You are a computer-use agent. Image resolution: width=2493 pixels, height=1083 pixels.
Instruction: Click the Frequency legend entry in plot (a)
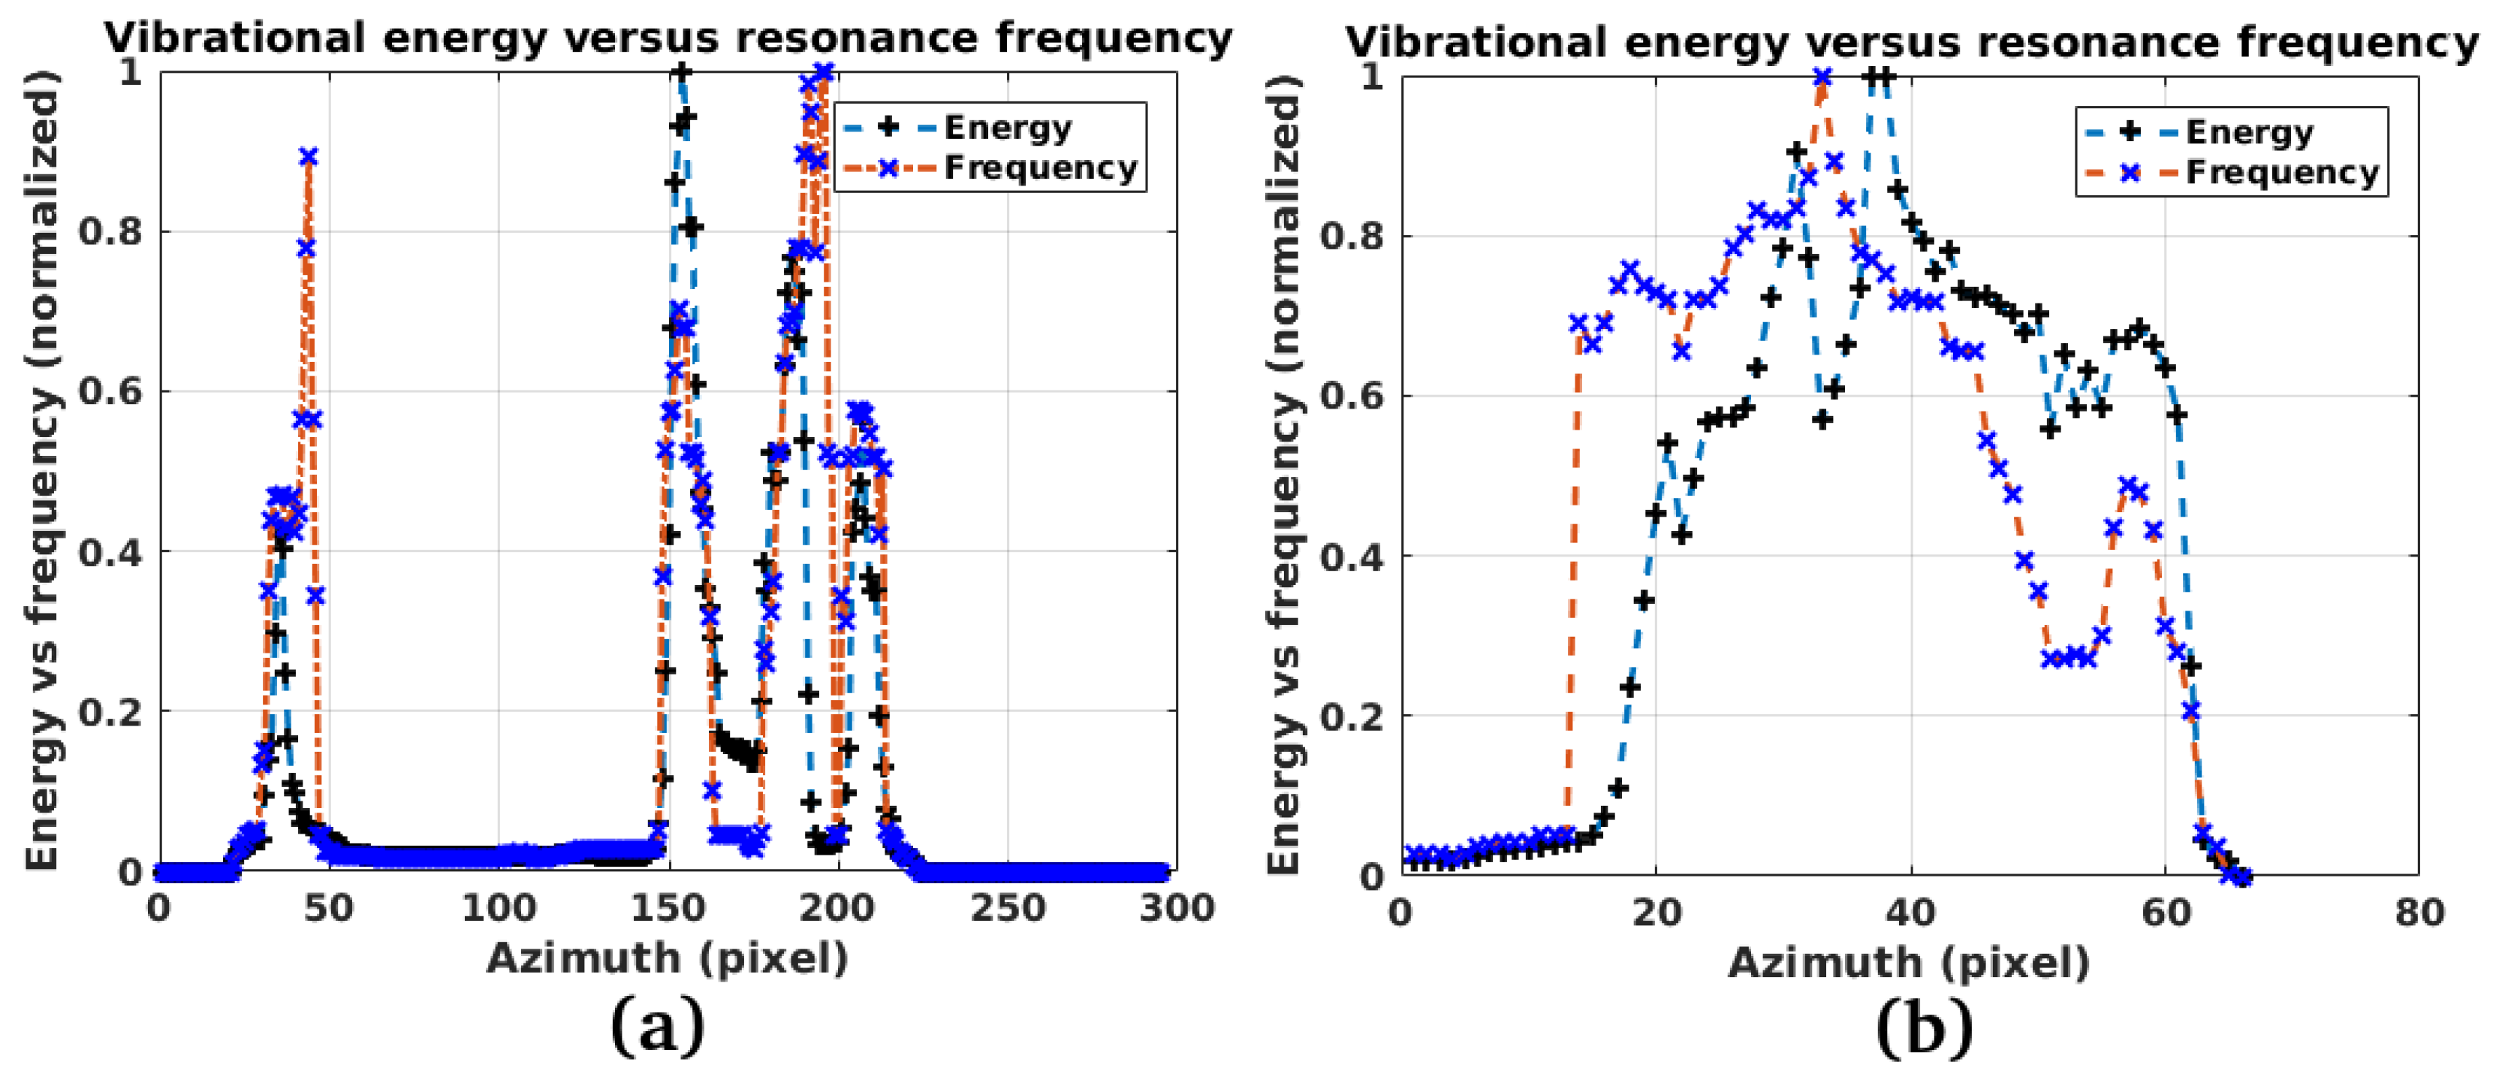[x=1039, y=168]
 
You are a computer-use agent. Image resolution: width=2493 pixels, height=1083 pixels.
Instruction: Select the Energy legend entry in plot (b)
[x=2248, y=131]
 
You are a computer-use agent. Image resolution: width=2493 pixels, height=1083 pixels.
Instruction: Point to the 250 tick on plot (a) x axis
[x=1008, y=909]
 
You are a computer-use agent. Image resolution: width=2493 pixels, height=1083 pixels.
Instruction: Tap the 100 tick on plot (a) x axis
[x=499, y=909]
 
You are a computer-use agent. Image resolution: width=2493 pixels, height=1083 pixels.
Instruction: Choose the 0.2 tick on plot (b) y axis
[x=1351, y=716]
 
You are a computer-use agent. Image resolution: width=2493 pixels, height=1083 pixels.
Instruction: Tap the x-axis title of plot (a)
[x=667, y=959]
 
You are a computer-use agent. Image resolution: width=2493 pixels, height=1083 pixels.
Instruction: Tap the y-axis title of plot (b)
[x=1283, y=474]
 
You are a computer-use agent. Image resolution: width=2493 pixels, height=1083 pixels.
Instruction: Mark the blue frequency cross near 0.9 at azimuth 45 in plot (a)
[x=309, y=157]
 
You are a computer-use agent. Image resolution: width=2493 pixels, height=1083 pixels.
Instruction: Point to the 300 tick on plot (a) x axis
[x=1177, y=909]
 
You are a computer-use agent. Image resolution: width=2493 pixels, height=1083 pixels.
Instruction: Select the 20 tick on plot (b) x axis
[x=1656, y=913]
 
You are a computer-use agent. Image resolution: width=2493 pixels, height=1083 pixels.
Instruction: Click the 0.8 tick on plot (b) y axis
[x=1351, y=237]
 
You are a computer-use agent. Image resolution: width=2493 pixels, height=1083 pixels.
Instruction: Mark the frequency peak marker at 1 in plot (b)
[x=1822, y=77]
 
